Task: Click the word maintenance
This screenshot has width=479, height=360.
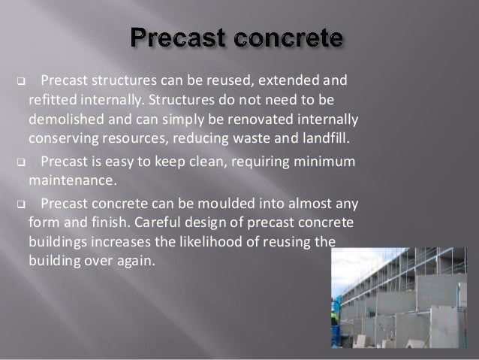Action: click(72, 180)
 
